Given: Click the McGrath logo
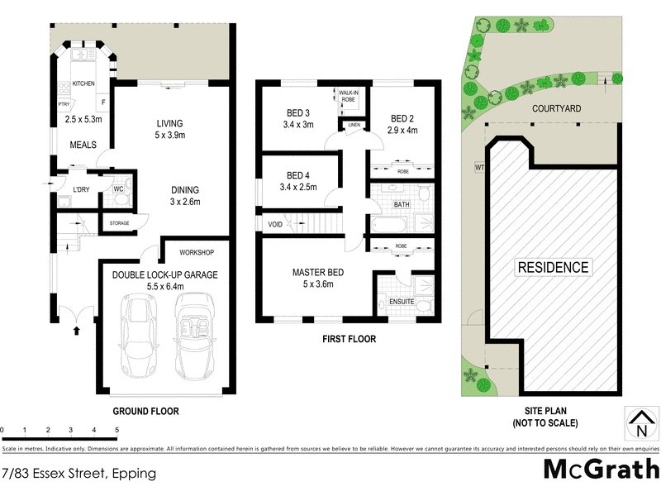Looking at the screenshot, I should click(600, 470).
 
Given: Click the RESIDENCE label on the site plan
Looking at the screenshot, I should click(553, 267).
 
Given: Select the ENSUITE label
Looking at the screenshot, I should click(402, 303).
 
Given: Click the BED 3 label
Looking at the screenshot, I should click(297, 113).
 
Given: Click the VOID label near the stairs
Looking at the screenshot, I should click(275, 224).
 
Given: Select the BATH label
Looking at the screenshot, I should click(402, 203).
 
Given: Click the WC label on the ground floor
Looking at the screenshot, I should click(118, 188).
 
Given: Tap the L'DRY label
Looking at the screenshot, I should click(81, 189).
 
